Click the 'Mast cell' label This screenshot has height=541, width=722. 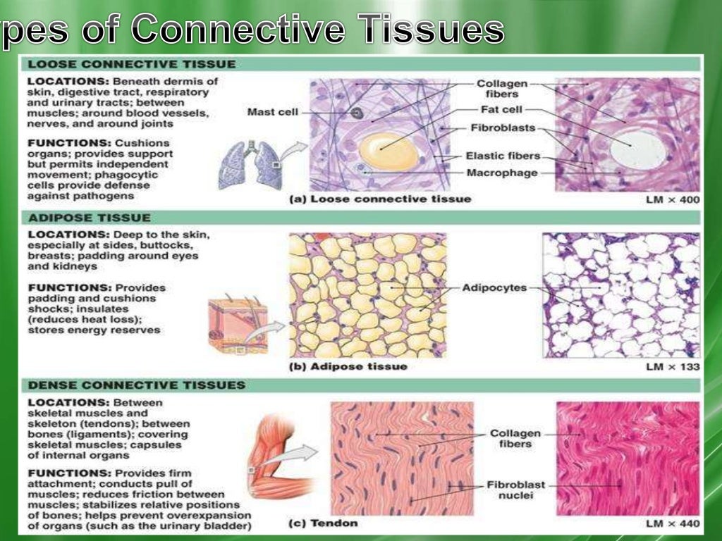(273, 112)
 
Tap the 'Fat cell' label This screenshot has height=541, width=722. (500, 110)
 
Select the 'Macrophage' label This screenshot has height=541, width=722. (502, 173)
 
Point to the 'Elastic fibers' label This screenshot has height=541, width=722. (503, 156)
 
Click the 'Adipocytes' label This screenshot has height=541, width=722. (494, 288)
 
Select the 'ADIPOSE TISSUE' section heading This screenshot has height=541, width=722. (89, 218)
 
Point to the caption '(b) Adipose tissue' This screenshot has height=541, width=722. (348, 366)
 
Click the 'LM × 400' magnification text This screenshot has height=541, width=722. (673, 200)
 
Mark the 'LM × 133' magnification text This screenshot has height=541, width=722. (673, 367)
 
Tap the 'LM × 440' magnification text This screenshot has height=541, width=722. (673, 523)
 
